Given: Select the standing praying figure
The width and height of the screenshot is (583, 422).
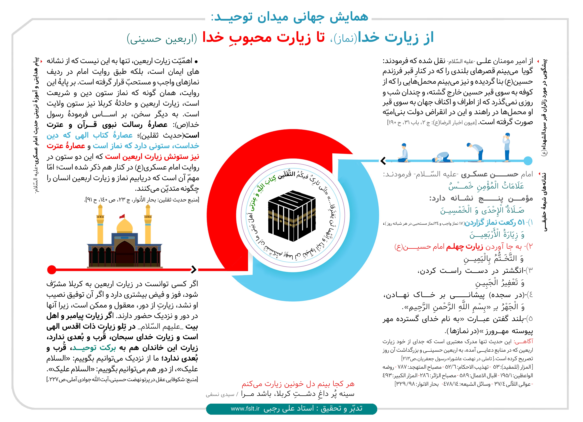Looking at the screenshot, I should (x=507, y=147).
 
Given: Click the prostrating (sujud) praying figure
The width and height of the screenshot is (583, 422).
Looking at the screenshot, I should (x=442, y=157).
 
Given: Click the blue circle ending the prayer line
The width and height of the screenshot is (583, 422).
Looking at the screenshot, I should (x=528, y=161).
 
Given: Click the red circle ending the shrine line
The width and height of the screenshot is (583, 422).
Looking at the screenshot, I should (x=52, y=270).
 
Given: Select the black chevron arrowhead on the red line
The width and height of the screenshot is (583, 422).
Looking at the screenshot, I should (x=194, y=270).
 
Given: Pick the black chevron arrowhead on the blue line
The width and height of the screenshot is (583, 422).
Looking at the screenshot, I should (x=383, y=161).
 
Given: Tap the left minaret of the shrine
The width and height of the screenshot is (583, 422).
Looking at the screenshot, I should (x=100, y=226).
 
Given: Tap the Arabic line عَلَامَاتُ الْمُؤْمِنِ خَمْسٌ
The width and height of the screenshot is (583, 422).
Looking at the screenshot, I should (x=486, y=186).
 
